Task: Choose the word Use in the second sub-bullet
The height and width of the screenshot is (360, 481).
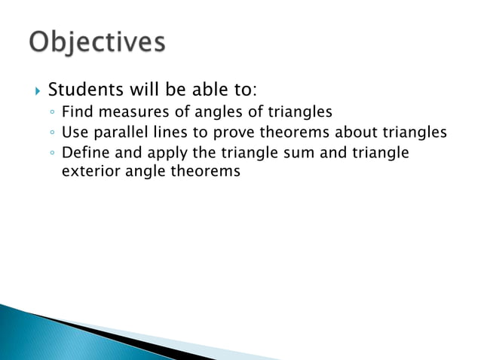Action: tap(73, 134)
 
